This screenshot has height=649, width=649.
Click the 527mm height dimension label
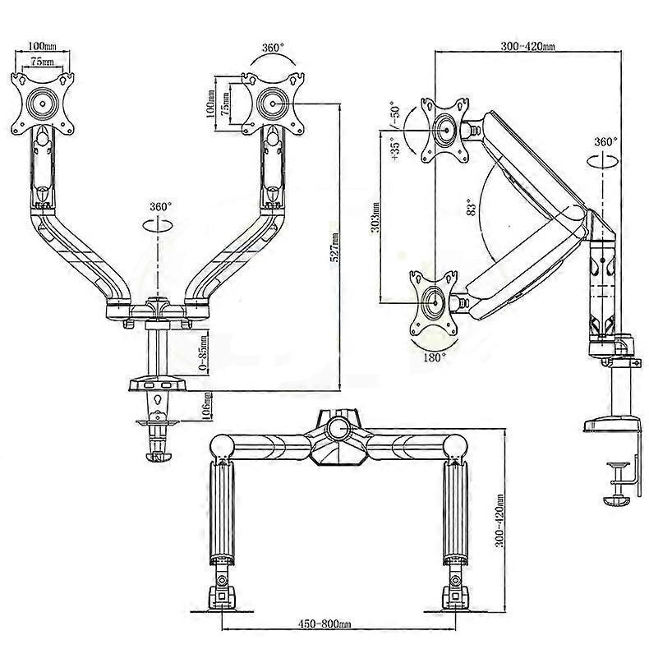(334, 247)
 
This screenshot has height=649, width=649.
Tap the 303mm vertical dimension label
(375, 217)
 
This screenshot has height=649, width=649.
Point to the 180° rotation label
(435, 357)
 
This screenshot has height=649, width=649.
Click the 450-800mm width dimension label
(325, 624)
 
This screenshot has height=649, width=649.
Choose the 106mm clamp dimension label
(207, 406)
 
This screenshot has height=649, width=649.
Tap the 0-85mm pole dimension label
(203, 352)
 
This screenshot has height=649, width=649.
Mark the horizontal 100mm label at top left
(42, 45)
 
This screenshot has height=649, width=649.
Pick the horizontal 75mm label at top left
(42, 62)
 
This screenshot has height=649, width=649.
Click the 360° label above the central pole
(160, 206)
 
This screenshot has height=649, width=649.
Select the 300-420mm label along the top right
(527, 46)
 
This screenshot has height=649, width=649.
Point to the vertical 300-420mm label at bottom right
(500, 520)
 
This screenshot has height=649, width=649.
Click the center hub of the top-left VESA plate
(43, 104)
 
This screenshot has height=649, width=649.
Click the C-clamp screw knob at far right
(618, 501)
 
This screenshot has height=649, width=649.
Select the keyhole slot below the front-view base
(157, 400)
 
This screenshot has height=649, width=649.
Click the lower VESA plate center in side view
(435, 302)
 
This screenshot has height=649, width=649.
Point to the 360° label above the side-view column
(605, 141)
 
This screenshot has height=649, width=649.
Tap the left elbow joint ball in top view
(222, 447)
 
